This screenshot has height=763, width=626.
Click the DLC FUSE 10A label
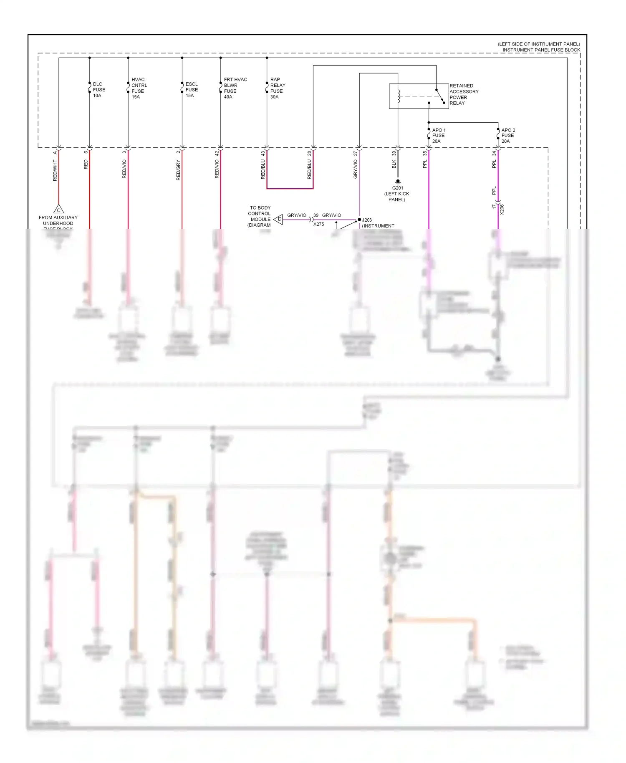tap(99, 90)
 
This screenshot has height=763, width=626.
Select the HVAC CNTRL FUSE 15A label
tap(139, 88)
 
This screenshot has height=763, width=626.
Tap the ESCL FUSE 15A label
tap(192, 90)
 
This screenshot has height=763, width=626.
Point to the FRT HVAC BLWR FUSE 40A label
tap(235, 88)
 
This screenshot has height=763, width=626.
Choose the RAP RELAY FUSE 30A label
tap(278, 88)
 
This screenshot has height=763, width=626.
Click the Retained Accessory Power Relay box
tap(419, 96)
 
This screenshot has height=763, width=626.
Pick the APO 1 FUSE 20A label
tap(439, 136)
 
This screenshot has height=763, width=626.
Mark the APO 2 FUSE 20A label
tap(508, 136)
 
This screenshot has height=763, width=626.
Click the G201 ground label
tap(397, 188)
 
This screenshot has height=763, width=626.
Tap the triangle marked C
tap(58, 210)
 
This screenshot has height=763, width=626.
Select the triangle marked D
tap(278, 219)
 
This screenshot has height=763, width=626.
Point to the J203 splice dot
tap(359, 220)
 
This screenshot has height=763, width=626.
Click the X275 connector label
tap(318, 225)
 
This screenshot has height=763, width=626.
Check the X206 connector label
tap(502, 210)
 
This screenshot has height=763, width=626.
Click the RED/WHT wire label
tap(55, 171)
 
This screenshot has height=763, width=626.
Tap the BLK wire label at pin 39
tap(394, 164)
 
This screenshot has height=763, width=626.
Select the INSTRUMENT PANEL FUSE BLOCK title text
tap(541, 50)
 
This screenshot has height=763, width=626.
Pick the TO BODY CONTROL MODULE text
tap(260, 213)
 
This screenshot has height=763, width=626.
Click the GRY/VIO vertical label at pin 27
tap(356, 169)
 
